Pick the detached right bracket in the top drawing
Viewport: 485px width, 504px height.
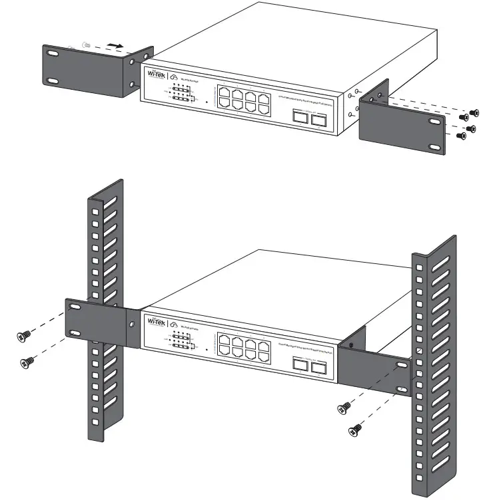tap(400, 121)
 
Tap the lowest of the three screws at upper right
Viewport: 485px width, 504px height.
tap(459, 135)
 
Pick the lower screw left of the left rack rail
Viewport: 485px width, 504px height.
tap(29, 361)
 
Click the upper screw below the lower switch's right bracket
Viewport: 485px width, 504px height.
tap(344, 408)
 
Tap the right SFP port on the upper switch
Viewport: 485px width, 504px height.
tap(318, 118)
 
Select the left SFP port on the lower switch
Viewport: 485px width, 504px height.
tap(300, 364)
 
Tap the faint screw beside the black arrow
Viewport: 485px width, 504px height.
tap(85, 44)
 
